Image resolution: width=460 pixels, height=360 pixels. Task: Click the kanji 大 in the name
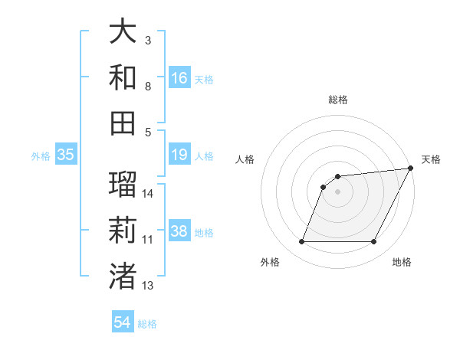pyautogui.click(x=123, y=31)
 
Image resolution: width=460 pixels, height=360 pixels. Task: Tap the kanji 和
pyautogui.click(x=123, y=77)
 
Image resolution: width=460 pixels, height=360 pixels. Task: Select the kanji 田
pyautogui.click(x=123, y=122)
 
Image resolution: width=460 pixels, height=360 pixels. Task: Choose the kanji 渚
pyautogui.click(x=123, y=274)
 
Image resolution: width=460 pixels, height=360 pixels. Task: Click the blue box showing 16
pyautogui.click(x=179, y=78)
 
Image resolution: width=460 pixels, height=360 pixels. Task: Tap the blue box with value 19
pyautogui.click(x=179, y=155)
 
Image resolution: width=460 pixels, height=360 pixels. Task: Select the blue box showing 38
pyautogui.click(x=179, y=232)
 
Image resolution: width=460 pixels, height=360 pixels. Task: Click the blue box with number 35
pyautogui.click(x=65, y=155)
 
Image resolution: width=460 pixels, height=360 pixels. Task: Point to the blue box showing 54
pyautogui.click(x=123, y=323)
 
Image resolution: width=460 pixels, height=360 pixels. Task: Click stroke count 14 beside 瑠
pyautogui.click(x=149, y=194)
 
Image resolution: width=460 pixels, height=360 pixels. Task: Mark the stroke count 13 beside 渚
pyautogui.click(x=148, y=286)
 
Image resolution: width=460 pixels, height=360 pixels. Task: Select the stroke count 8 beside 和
pyautogui.click(x=148, y=86)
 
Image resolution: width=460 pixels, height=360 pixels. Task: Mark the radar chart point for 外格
pyautogui.click(x=301, y=242)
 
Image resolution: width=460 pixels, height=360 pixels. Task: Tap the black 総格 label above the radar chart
pyautogui.click(x=337, y=100)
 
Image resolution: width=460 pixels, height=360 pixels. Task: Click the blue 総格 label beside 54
pyautogui.click(x=147, y=324)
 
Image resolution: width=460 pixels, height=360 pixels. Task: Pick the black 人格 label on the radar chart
pyautogui.click(x=246, y=159)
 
